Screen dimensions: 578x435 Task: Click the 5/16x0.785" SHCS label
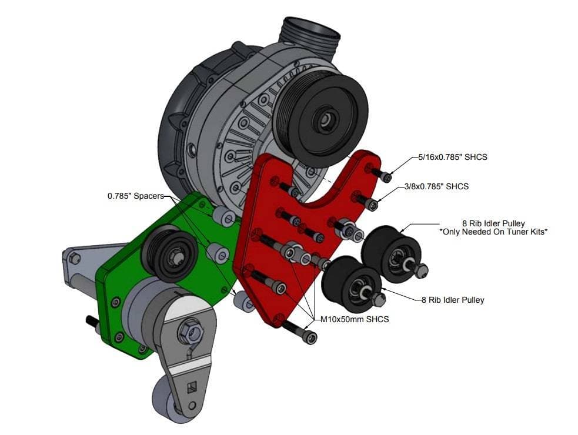[x=453, y=157]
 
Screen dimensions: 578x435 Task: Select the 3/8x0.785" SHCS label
[x=436, y=186]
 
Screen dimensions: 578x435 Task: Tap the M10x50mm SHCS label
[x=355, y=319]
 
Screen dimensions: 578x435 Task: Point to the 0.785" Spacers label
[x=136, y=196]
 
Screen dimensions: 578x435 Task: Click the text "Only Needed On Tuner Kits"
[x=493, y=232]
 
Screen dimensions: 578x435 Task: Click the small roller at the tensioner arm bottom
[x=166, y=402]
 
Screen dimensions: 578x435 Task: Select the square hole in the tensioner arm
[x=192, y=388]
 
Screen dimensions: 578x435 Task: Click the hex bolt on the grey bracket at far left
[x=75, y=259]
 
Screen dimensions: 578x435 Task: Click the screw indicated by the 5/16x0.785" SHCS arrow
[x=380, y=174]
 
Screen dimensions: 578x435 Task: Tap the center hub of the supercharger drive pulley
[x=325, y=119]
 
